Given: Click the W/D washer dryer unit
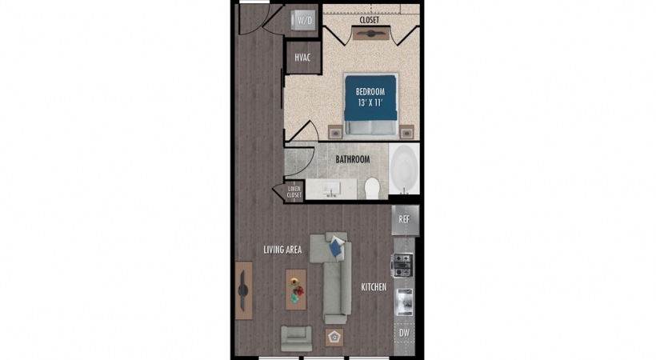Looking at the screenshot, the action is click(304, 20).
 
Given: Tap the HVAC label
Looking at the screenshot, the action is click(302, 58).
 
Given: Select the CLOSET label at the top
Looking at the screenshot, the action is click(370, 20).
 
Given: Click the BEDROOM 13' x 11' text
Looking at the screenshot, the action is click(370, 97).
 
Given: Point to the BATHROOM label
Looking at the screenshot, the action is click(353, 159).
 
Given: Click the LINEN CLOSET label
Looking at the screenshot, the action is click(294, 192).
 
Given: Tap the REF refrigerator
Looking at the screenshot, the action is click(405, 220).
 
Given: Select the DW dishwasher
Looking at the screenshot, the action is click(404, 333).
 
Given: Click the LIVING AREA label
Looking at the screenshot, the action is click(282, 250).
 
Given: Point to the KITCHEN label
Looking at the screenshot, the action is click(374, 287).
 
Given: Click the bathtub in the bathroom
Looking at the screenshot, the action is click(404, 169).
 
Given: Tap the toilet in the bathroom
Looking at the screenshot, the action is click(371, 188).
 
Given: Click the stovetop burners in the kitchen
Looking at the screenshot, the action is click(402, 266).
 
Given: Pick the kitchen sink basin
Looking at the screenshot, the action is click(404, 302).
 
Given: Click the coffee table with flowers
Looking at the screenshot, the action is click(296, 290).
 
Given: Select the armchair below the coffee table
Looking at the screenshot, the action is click(296, 338).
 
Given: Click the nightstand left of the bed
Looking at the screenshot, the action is click(335, 132).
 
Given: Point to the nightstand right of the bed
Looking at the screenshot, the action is click(406, 132).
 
